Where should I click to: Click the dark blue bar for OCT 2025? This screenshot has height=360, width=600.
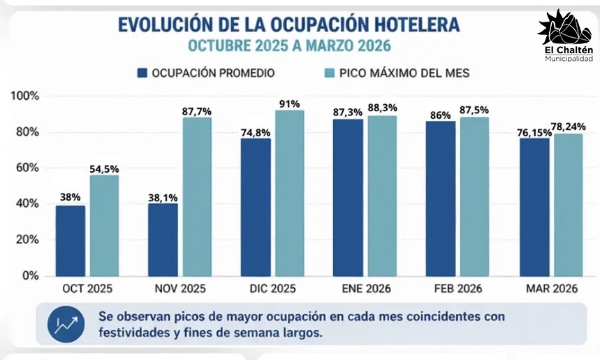(71, 240)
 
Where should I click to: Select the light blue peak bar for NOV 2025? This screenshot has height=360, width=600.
(198, 196)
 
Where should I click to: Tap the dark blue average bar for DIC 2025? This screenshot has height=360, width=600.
(255, 207)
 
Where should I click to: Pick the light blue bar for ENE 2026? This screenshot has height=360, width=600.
(382, 196)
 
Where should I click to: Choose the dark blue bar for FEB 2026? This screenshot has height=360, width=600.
(441, 199)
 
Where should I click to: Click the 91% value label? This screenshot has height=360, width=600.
(290, 103)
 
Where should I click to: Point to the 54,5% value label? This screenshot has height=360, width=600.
(104, 168)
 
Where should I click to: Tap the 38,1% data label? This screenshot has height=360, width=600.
(163, 197)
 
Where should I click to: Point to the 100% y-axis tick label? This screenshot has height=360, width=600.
(26, 96)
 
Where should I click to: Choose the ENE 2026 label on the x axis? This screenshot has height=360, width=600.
(367, 288)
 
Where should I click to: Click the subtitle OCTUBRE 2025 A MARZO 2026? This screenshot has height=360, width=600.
(288, 46)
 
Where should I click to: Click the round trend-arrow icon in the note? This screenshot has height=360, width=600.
(67, 324)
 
